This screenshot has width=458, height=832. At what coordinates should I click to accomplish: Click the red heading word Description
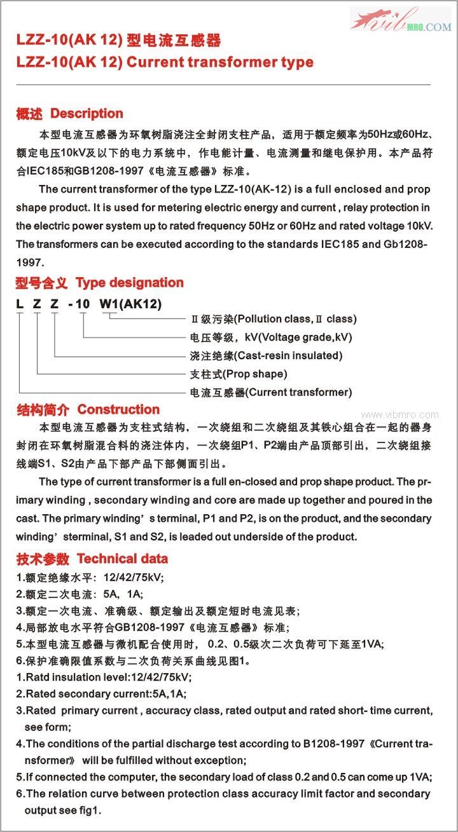87,114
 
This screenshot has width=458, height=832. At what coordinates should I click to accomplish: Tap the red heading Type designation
129,283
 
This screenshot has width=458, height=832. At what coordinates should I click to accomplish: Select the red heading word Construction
118,409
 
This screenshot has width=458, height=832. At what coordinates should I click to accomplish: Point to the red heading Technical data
122,559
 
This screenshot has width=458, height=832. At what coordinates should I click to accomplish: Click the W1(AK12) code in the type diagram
130,304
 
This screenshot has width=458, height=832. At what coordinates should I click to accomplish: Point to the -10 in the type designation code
80,304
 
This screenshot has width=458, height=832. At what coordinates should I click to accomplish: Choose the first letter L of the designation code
20,304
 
